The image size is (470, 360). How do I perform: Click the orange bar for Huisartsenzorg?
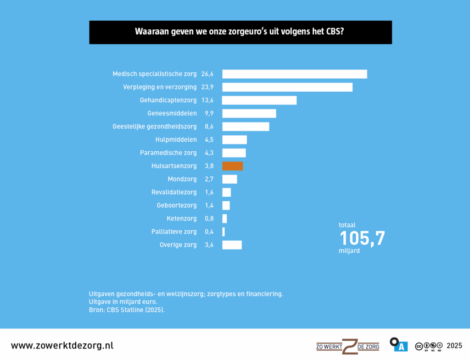pyautogui.click(x=232, y=166)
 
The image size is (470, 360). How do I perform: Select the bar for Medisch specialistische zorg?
pyautogui.click(x=294, y=74)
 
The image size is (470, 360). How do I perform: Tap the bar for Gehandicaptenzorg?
pyautogui.click(x=259, y=100)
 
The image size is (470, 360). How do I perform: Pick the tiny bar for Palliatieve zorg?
pyautogui.click(x=224, y=232)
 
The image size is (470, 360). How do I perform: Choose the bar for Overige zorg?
pyautogui.click(x=232, y=245)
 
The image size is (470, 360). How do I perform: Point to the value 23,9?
pyautogui.click(x=207, y=87)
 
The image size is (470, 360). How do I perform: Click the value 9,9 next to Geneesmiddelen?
pyautogui.click(x=209, y=113)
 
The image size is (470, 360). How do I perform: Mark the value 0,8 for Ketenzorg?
pyautogui.click(x=209, y=219)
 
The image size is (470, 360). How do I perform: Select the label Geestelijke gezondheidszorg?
pyautogui.click(x=155, y=127)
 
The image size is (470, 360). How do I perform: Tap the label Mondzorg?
pyautogui.click(x=182, y=179)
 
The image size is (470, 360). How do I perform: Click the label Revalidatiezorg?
pyautogui.click(x=174, y=193)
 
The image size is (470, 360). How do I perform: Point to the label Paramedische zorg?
pyautogui.click(x=168, y=153)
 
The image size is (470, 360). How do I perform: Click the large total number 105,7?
pyautogui.click(x=362, y=238)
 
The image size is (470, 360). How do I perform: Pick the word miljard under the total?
pyautogui.click(x=349, y=251)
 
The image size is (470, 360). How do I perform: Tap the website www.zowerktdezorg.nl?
pyautogui.click(x=62, y=345)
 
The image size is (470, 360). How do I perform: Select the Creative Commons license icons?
pyautogui.click(x=429, y=346)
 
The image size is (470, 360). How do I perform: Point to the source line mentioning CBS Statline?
pyautogui.click(x=127, y=310)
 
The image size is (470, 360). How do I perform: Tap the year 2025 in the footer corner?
pyautogui.click(x=454, y=345)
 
